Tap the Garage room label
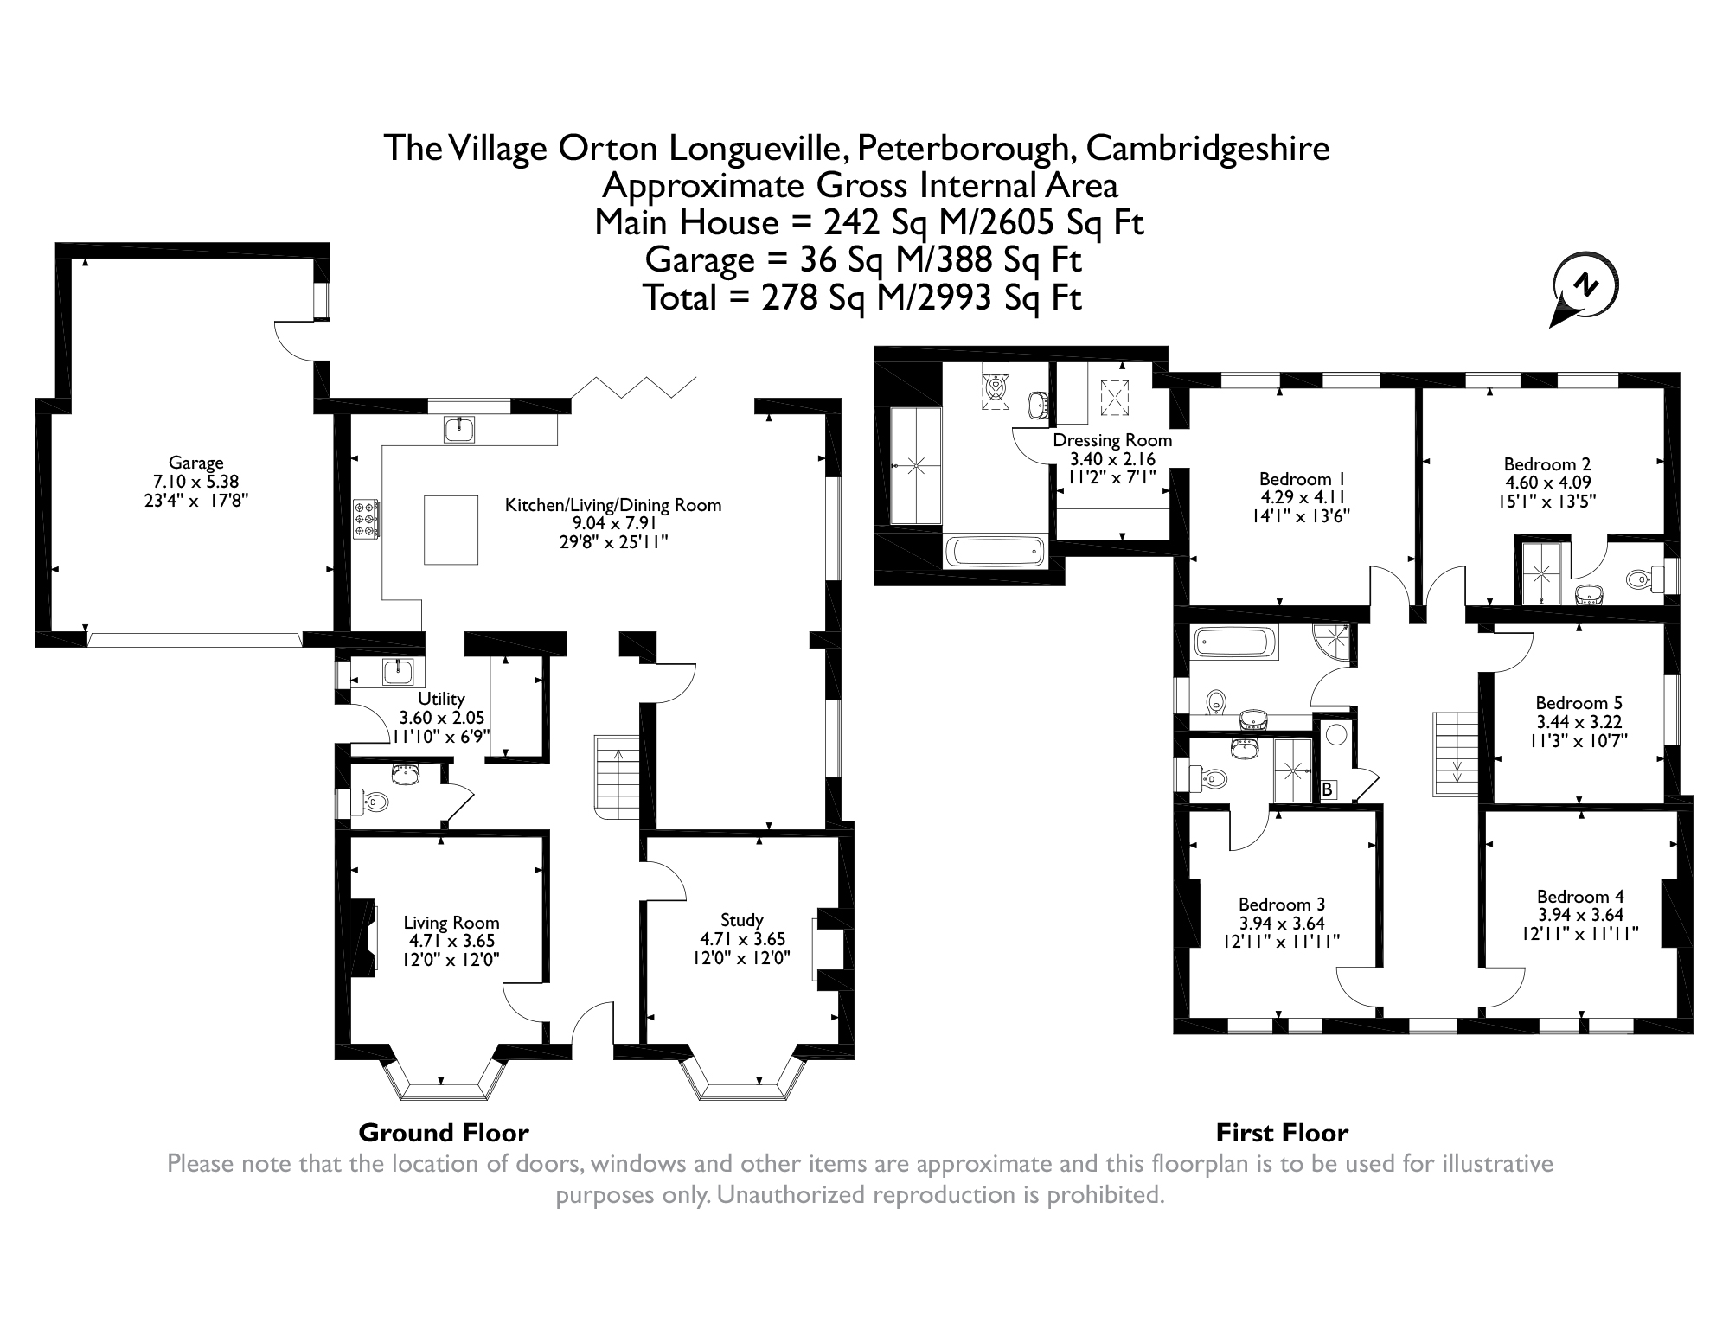tap(195, 463)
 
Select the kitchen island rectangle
tap(451, 529)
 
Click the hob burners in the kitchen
tap(365, 521)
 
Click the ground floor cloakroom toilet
tap(372, 802)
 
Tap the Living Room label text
tap(451, 923)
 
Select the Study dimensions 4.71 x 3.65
tap(741, 939)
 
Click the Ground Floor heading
tap(443, 1133)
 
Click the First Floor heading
tap(1282, 1133)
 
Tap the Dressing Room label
tap(1111, 440)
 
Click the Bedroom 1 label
tap(1302, 478)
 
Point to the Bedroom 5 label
tap(1579, 703)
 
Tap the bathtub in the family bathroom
tap(1234, 643)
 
